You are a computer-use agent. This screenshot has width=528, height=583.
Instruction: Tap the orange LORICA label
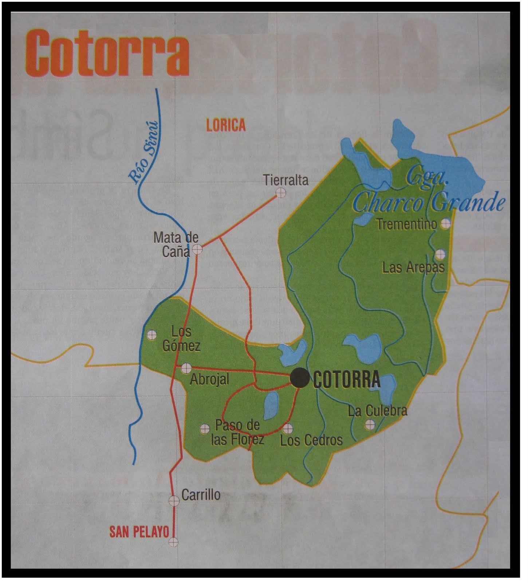coord(226,125)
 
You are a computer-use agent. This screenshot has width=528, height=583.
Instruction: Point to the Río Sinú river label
coord(145,152)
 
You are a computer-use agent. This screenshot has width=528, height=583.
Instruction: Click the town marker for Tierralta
coord(280,193)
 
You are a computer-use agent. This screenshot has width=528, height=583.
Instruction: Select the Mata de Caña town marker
coord(197,249)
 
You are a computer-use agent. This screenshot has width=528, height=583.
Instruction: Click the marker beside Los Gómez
coord(151,334)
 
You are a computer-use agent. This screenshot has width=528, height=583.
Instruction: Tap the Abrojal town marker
coord(186,368)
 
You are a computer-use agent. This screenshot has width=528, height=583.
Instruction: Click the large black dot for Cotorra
coord(300,378)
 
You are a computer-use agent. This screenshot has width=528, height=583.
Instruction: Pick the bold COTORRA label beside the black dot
coord(347,380)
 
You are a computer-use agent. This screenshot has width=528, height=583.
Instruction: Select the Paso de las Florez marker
coord(205,429)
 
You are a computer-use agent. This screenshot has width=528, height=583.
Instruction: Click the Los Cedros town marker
coord(288,428)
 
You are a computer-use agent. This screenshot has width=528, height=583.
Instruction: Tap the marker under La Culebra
coord(370,424)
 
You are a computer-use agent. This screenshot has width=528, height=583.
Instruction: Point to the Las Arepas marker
coord(440,254)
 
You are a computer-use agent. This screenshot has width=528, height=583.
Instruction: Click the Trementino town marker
coord(445,224)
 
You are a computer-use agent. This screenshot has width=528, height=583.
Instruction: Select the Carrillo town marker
coord(174,500)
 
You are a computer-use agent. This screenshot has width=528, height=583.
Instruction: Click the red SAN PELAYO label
coord(139,532)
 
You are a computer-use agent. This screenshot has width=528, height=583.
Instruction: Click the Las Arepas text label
coord(413,268)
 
